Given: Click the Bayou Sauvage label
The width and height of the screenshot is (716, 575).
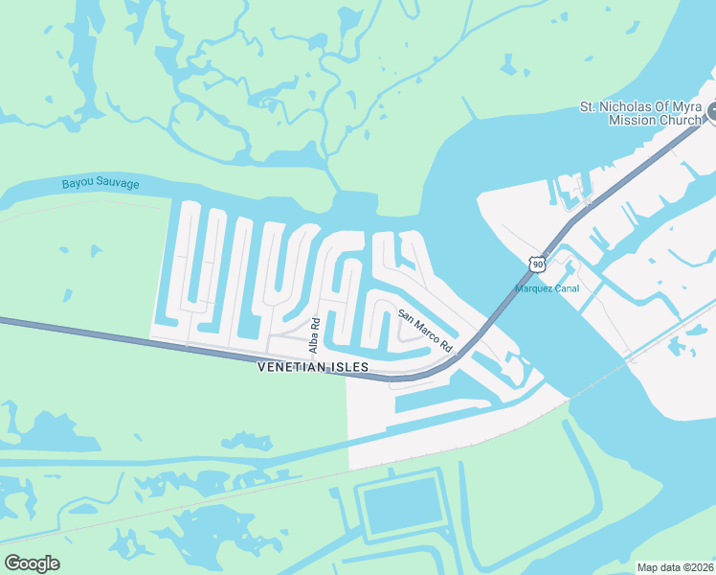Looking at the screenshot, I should click(x=101, y=183).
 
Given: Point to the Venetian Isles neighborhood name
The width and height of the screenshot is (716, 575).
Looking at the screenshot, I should click(x=313, y=367).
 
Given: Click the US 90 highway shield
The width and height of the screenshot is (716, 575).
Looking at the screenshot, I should click(x=538, y=263).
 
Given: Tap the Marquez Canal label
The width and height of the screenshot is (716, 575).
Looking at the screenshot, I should click(x=547, y=288).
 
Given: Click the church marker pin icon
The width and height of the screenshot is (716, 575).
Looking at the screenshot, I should click(x=711, y=114).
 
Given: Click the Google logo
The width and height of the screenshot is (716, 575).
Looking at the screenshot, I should click(x=32, y=563).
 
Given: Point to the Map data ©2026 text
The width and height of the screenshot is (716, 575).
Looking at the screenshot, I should click(x=674, y=566).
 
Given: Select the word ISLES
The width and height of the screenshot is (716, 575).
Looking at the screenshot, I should click(x=349, y=367).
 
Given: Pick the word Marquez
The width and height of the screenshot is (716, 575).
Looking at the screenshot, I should click(x=532, y=288).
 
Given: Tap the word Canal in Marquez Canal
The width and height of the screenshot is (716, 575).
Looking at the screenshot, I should click(x=566, y=288).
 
